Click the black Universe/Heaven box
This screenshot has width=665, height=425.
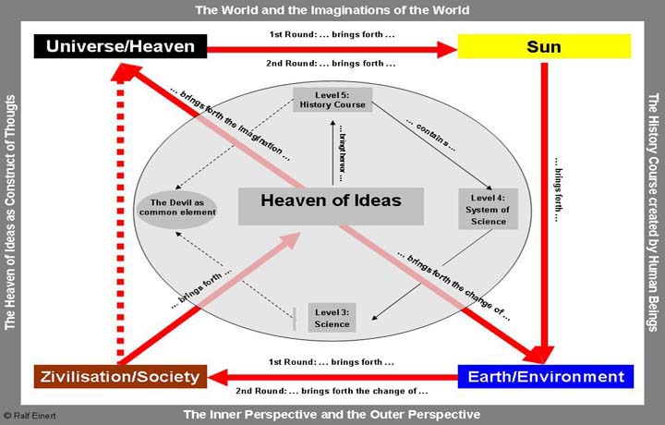tap(120, 45)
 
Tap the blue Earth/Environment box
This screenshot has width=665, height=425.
tap(545, 376)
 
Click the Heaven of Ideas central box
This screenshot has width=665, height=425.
tap(331, 200)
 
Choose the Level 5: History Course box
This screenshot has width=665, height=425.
tap(332, 100)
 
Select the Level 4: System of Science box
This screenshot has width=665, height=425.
tap(488, 209)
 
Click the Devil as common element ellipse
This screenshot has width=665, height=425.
tap(177, 207)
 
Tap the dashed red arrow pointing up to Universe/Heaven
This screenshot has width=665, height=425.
tap(118, 222)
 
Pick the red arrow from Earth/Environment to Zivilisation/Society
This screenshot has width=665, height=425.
tap(332, 376)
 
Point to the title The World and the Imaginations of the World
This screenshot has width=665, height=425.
tap(332, 10)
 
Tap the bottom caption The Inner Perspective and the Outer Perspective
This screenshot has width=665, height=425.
tap(332, 413)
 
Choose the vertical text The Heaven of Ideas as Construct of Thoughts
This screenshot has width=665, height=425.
tap(12, 212)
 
